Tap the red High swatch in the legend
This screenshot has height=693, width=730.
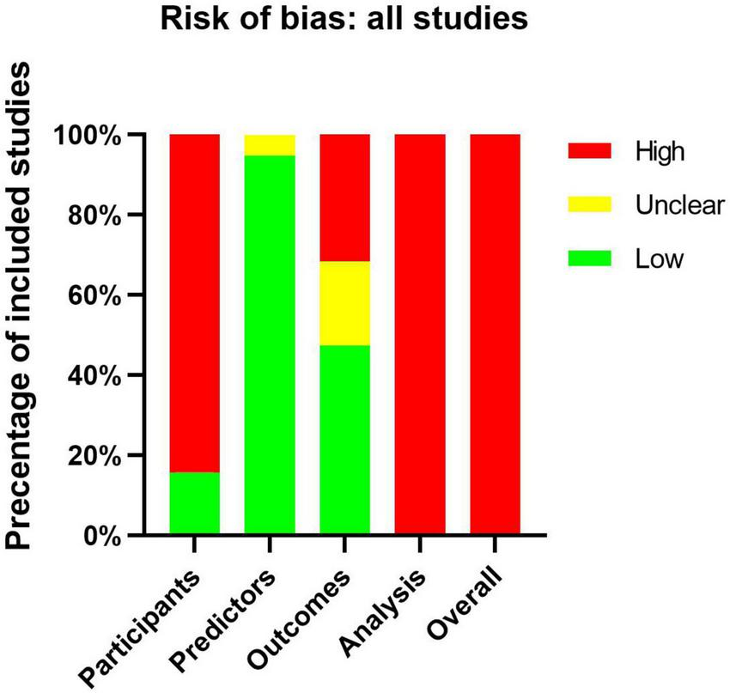point(590,150)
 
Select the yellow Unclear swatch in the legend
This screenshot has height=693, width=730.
point(590,204)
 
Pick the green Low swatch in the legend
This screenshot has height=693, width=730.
point(590,258)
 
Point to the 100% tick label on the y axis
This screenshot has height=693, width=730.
point(88,136)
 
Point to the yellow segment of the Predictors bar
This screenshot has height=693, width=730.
point(270,144)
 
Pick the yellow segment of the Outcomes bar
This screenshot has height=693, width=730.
point(344,303)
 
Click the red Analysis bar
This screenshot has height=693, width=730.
point(420,335)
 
